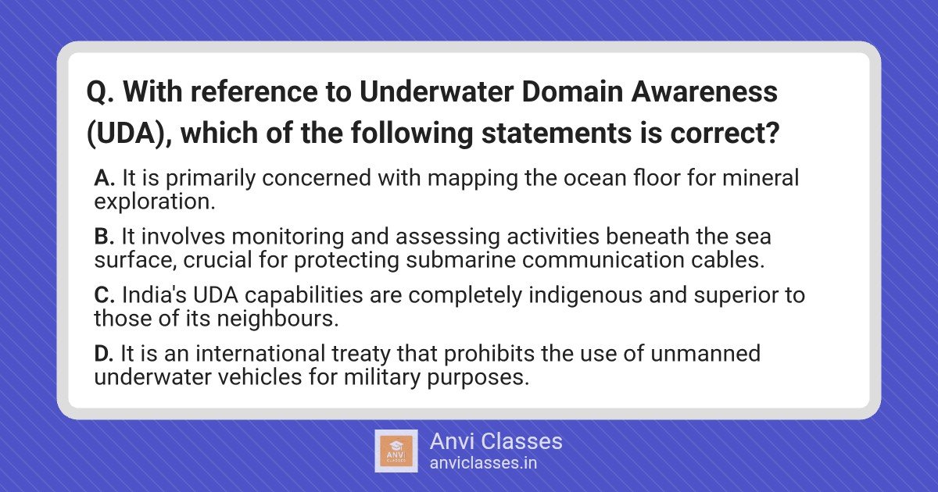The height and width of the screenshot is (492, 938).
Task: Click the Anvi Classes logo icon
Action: (x=396, y=451)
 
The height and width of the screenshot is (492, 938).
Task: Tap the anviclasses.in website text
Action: (x=483, y=463)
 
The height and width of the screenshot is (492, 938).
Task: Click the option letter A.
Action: (x=104, y=178)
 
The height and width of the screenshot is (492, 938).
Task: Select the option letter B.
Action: (x=104, y=237)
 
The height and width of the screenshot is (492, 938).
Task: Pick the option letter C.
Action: (x=105, y=295)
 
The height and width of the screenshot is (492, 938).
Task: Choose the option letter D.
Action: (x=104, y=354)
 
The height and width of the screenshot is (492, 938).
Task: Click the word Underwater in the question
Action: (x=436, y=91)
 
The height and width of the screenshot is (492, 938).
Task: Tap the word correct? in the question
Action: (x=725, y=133)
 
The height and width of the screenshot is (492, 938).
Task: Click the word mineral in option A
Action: (x=761, y=177)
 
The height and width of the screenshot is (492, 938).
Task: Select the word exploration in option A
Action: (x=155, y=201)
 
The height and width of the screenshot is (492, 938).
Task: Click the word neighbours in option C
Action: (x=277, y=319)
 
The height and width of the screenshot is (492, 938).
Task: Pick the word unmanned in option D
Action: (x=705, y=354)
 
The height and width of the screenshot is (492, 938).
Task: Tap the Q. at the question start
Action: (x=101, y=92)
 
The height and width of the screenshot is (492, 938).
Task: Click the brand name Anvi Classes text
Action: (x=496, y=441)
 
